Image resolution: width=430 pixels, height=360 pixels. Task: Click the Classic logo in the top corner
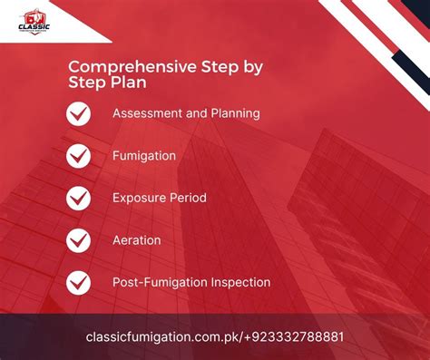click(x=34, y=19)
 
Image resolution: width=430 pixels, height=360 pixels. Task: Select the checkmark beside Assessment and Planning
click(x=79, y=114)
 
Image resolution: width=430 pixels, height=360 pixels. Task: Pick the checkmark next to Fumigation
click(x=79, y=156)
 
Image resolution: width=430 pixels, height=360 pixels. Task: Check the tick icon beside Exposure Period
click(x=79, y=198)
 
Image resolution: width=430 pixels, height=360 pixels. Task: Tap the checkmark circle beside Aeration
click(x=79, y=240)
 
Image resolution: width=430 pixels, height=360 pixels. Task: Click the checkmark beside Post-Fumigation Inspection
click(x=79, y=282)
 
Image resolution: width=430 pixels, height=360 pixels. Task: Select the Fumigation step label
click(x=144, y=156)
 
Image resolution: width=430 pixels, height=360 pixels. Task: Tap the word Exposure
click(x=140, y=198)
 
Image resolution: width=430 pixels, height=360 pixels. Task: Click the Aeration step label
click(x=137, y=240)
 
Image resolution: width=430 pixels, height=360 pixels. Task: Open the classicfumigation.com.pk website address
click(x=163, y=337)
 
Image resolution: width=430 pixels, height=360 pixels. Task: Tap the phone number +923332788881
click(x=295, y=337)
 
